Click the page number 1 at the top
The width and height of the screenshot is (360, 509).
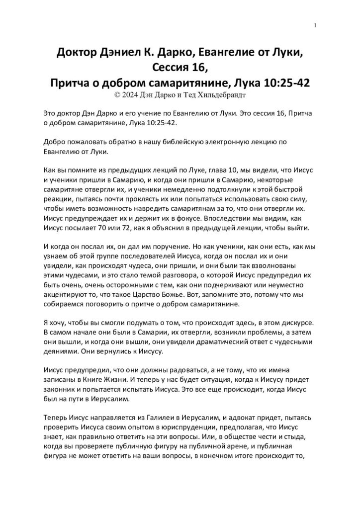pyautogui.click(x=316, y=26)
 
